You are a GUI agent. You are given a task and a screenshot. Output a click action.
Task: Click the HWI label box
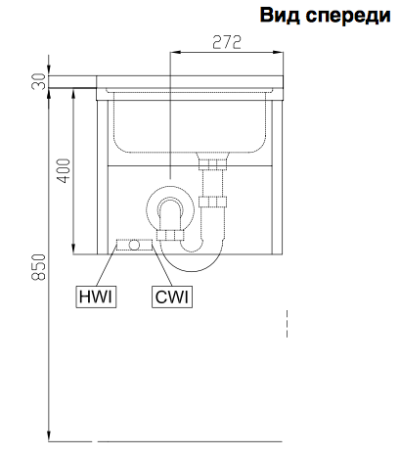click(x=96, y=296)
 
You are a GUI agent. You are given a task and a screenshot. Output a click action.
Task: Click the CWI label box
click(x=172, y=296)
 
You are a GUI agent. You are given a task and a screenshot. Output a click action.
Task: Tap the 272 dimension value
click(x=227, y=42)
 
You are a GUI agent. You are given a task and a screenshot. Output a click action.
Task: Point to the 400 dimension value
click(x=64, y=170)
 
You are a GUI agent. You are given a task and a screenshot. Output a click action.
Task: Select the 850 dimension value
click(x=39, y=267)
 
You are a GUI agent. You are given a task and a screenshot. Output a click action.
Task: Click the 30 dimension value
click(x=39, y=81)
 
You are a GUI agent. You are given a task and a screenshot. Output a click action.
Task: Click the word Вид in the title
click(x=280, y=15)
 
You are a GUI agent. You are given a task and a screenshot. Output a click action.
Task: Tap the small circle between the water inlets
click(x=134, y=245)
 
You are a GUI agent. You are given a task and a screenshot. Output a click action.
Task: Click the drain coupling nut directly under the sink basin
click(x=212, y=164)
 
